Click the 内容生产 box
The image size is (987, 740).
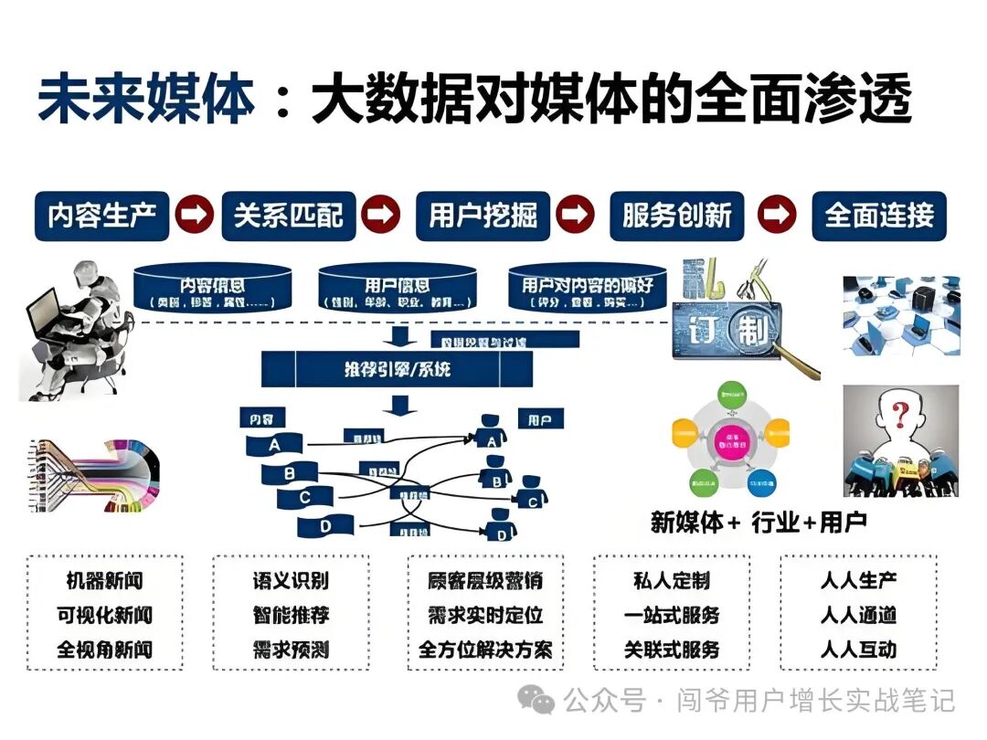[x=102, y=216]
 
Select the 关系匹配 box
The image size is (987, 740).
[x=289, y=216]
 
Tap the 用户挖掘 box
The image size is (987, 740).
[x=483, y=216]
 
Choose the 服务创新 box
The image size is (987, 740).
[x=677, y=216]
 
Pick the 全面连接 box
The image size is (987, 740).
[x=879, y=216]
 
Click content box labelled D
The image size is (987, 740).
[x=325, y=527]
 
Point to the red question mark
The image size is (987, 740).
[x=902, y=418]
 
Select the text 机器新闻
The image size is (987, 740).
[x=105, y=580]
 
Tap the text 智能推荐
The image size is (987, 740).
[x=291, y=615]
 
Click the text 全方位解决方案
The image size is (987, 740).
[x=485, y=650]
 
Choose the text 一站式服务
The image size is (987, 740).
[x=672, y=615]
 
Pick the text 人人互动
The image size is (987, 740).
[x=858, y=650]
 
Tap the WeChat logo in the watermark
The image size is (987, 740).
[x=536, y=701]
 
